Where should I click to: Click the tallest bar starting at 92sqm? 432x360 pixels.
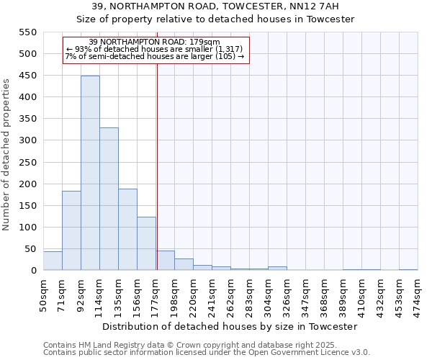click(90, 173)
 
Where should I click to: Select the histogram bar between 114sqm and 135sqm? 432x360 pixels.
click(109, 199)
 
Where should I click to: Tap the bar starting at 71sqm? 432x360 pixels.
click(71, 230)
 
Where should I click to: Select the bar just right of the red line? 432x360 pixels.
click(166, 261)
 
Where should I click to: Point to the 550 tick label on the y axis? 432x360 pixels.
click(27, 32)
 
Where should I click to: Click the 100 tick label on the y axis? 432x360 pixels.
click(27, 228)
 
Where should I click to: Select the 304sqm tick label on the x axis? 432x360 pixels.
click(268, 294)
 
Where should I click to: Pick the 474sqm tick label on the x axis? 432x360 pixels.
click(418, 294)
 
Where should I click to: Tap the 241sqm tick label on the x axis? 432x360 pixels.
click(212, 294)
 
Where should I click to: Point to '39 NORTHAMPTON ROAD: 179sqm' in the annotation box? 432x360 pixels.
click(155, 42)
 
